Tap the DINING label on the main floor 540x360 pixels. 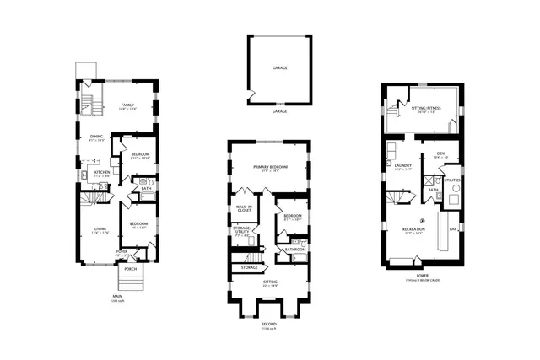click(97, 137)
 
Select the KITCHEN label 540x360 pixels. click(102, 171)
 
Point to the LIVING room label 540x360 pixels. click(100, 228)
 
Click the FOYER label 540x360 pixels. click(121, 250)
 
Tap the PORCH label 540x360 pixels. click(130, 269)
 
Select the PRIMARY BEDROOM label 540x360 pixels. click(271, 167)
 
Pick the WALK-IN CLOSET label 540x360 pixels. click(245, 208)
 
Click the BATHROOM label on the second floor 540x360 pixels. click(294, 250)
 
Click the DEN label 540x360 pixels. click(440, 153)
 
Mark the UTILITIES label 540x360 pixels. click(453, 180)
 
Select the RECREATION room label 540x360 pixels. click(413, 229)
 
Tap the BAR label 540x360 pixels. click(454, 229)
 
